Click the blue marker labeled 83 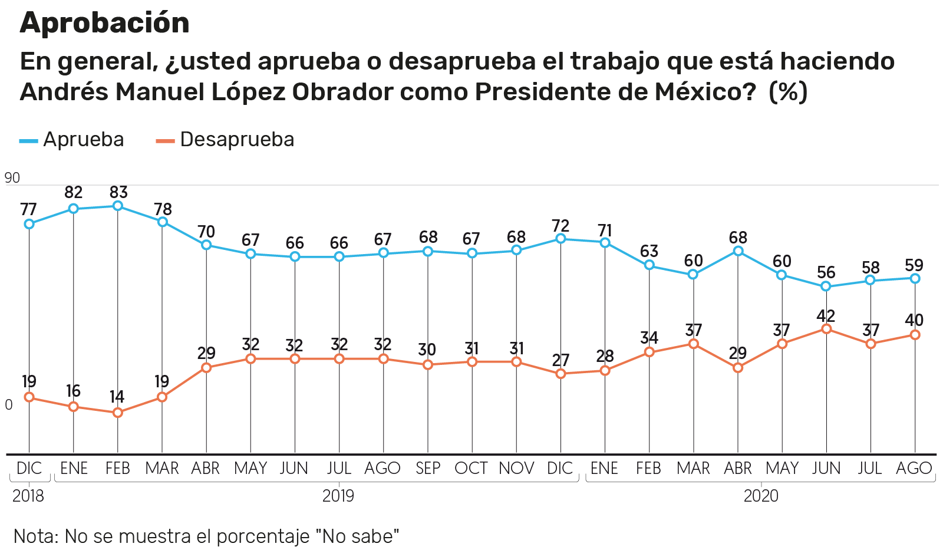pos(118,206)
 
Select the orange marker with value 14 pos(118,413)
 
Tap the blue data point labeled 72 pos(560,239)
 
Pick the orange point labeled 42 pos(826,328)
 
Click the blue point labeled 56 pos(826,286)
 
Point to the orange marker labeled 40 pos(915,335)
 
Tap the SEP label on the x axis pos(428,468)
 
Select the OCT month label pos(471,468)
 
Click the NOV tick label pos(516,468)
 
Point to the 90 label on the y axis pos(12,178)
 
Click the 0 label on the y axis pos(9,405)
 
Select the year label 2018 pos(28,496)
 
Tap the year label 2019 pos(338,496)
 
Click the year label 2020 pos(760,496)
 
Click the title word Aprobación pos(105,24)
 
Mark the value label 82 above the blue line pos(74,193)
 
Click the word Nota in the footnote pos(35,536)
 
